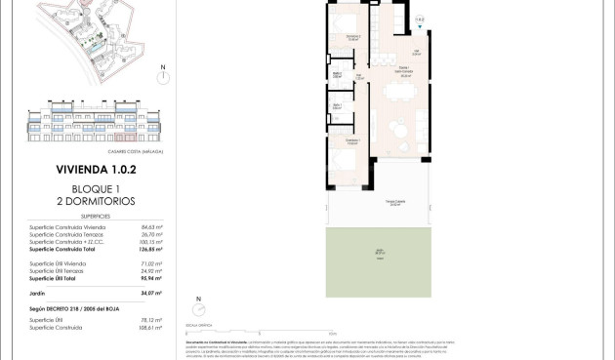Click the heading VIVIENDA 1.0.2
pos(96,169)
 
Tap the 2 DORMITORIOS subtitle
pos(96,201)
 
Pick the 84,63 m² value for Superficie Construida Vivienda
pos(150,226)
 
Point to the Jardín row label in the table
pos(40,293)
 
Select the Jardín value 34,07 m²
pos(150,293)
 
